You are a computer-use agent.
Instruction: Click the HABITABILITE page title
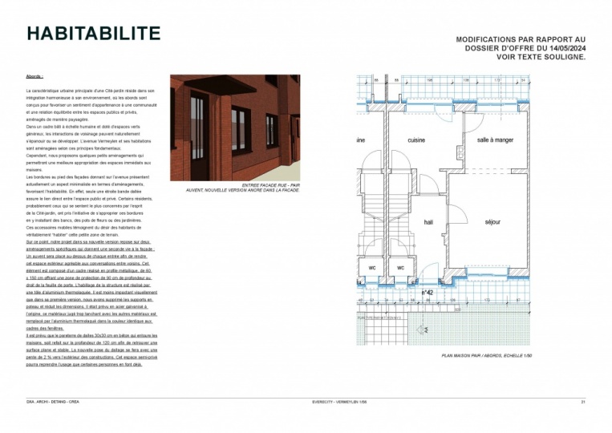93,34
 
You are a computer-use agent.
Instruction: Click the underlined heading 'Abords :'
34,77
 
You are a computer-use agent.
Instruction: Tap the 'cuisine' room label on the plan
416,140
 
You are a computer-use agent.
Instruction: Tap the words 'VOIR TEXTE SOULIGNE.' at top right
542,58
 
